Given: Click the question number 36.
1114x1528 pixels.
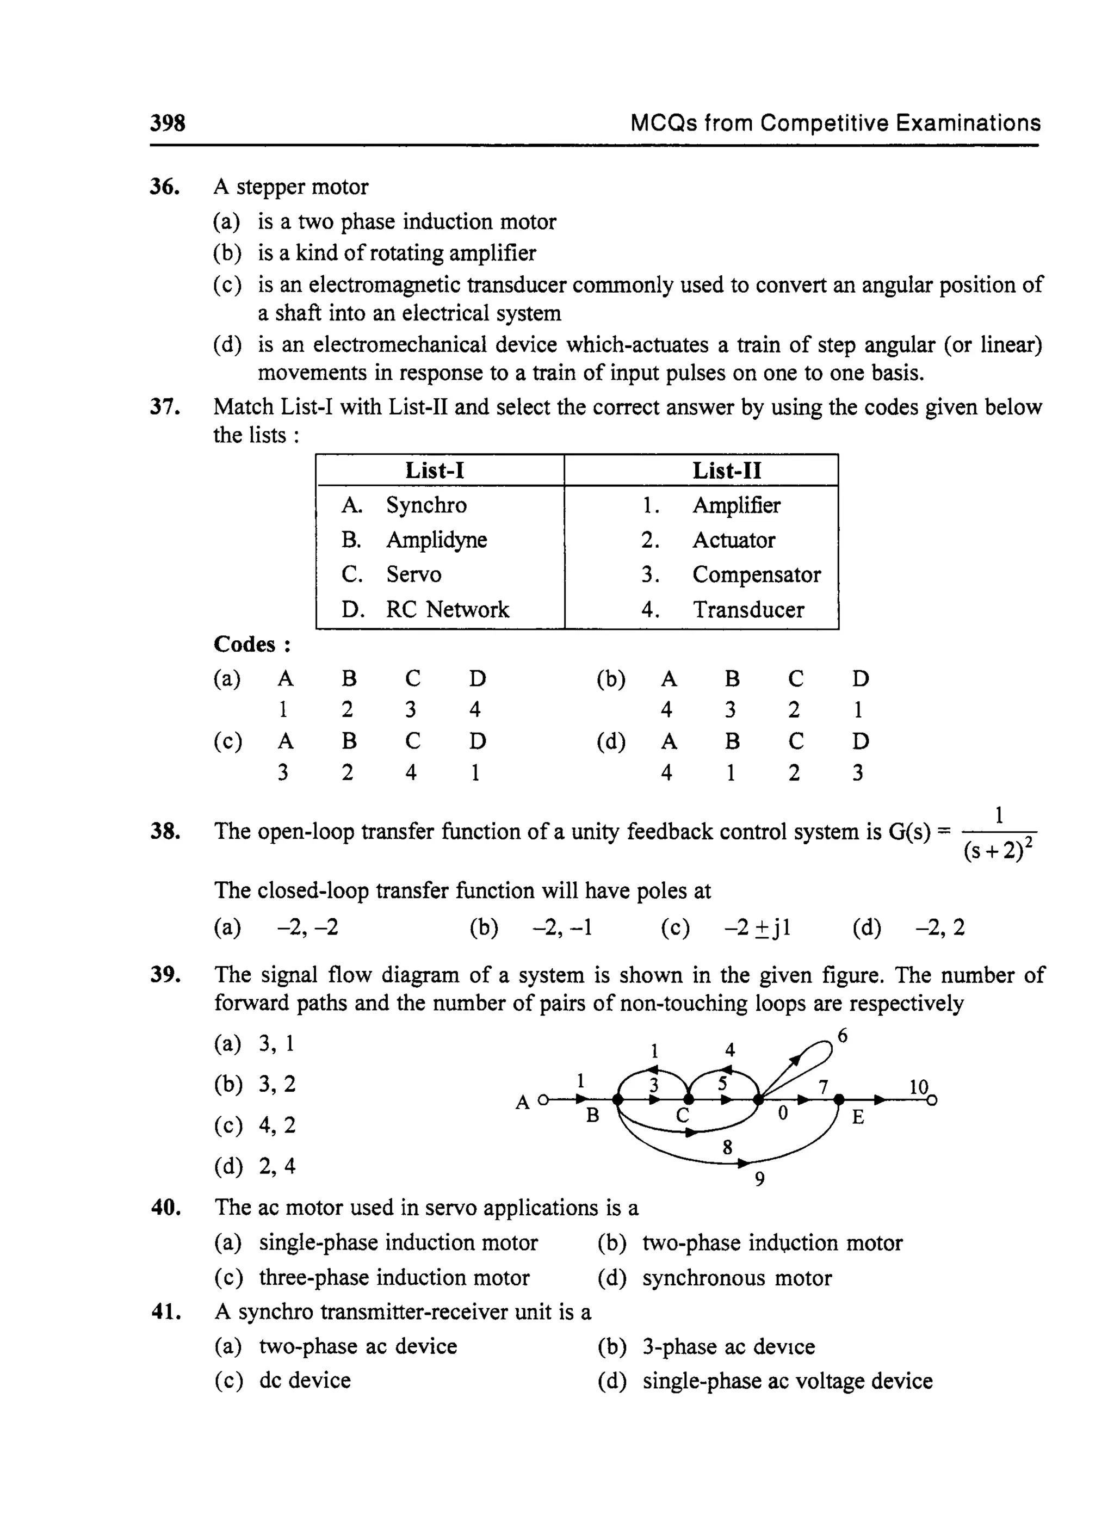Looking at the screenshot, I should tap(164, 187).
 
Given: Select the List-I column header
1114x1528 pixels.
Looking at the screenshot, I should tap(435, 470).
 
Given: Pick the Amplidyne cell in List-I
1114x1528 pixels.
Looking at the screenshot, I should tap(436, 540).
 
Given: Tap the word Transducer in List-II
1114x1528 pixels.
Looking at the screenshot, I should tap(748, 610).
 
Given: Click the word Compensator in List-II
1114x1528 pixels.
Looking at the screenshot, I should tap(756, 574).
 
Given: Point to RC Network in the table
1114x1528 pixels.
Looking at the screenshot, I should tap(447, 610).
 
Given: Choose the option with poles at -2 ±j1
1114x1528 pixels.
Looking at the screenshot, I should tap(757, 928).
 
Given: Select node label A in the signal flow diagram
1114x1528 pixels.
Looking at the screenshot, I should tap(523, 1103).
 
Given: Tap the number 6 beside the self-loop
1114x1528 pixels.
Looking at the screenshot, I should tap(842, 1036).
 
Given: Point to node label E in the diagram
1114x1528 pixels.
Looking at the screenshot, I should tap(858, 1117).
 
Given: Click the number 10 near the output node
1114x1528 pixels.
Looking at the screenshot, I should tap(918, 1087).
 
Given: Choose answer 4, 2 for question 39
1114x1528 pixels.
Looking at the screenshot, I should tap(276, 1125).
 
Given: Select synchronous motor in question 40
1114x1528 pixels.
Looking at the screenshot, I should tap(737, 1278).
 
